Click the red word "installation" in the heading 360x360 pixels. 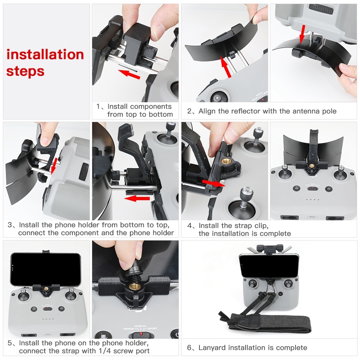coord(45,55)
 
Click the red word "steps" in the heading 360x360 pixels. coord(25,71)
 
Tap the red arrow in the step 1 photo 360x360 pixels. coord(129,74)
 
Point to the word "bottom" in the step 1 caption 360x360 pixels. coord(161,114)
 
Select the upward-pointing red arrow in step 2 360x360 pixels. coord(226,67)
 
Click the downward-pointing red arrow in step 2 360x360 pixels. coord(303,34)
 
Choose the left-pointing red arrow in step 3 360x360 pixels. coord(137,198)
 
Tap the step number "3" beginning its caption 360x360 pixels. coord(10,225)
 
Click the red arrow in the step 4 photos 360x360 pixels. coord(213,183)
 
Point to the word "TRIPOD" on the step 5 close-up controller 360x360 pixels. coord(129,329)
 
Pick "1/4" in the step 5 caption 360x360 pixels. coord(105,351)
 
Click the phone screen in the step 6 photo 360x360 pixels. coord(269,266)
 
